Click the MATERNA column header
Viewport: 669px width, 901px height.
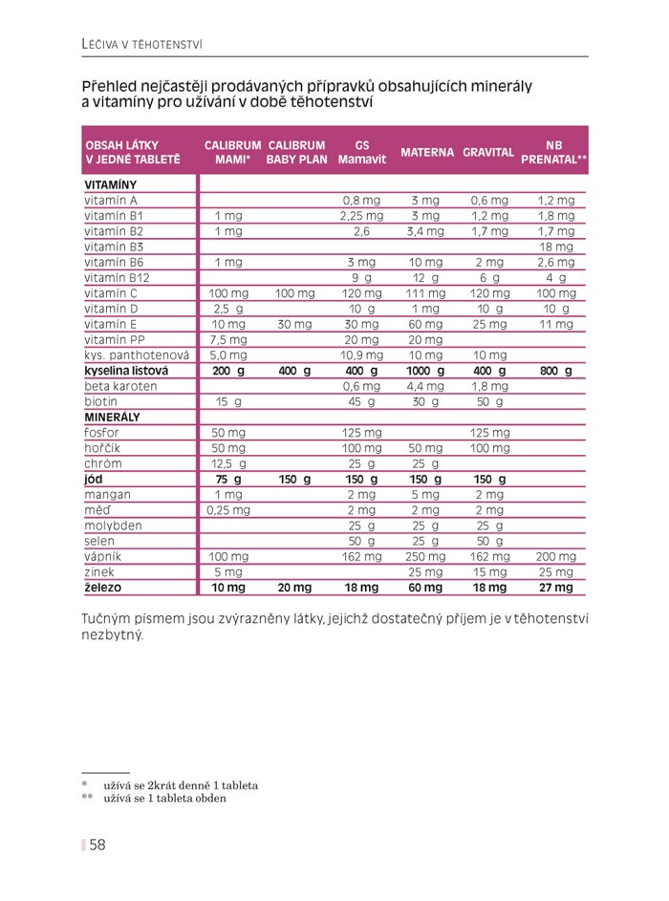(x=426, y=152)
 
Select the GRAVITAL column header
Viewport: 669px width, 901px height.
(x=488, y=152)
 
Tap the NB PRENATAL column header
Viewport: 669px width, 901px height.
(x=554, y=152)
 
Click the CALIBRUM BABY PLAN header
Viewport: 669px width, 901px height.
(x=296, y=152)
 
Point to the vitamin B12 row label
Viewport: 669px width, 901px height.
(x=117, y=278)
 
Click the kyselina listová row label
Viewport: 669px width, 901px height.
(x=126, y=371)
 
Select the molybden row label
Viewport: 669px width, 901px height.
(x=113, y=526)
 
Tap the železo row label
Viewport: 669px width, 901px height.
(x=103, y=588)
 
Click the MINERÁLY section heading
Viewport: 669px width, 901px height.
(x=112, y=418)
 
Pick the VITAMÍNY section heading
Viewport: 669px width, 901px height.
(x=111, y=185)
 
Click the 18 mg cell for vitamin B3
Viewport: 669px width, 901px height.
(x=555, y=247)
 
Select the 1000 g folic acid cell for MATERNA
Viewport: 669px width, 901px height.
(x=425, y=371)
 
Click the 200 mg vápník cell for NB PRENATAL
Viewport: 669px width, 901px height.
(x=555, y=557)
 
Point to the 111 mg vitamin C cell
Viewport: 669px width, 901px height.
(x=425, y=293)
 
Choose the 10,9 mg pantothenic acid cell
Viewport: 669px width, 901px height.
(x=361, y=355)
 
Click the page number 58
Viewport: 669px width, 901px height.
(x=97, y=845)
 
